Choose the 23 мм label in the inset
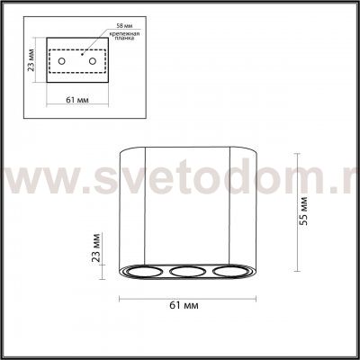[30, 63]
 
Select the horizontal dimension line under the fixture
[184, 296]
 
